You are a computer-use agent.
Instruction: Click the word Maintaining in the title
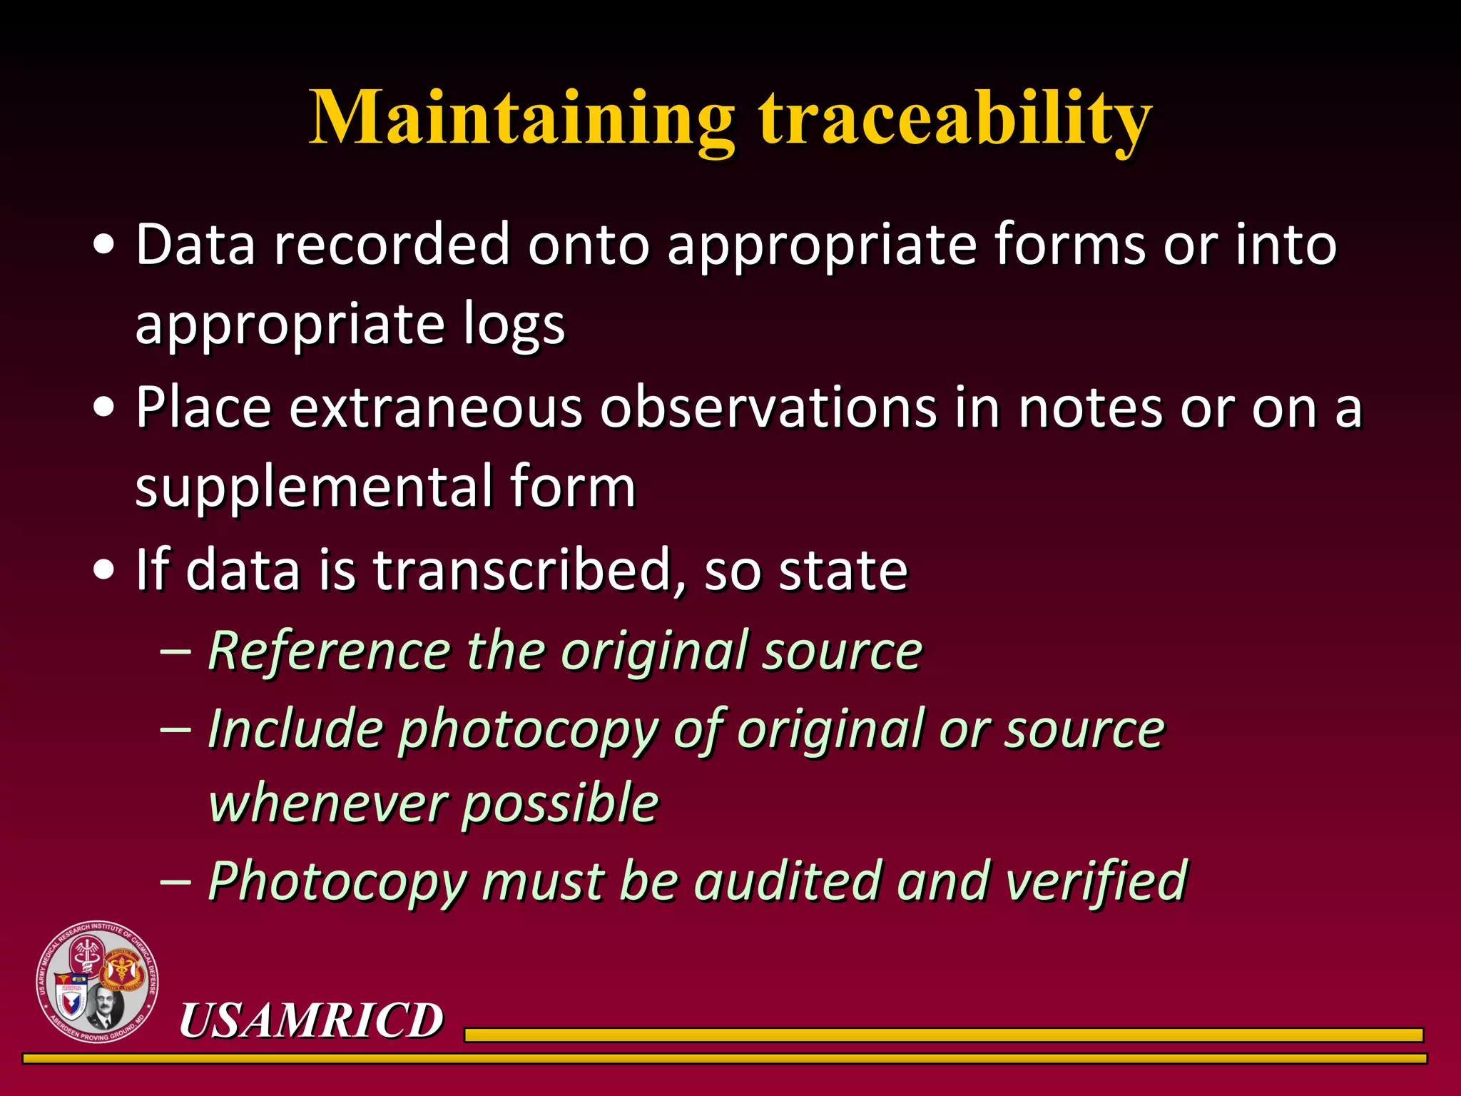521,118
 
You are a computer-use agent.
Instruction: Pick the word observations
768,408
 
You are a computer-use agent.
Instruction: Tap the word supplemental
313,487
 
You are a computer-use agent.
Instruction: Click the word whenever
326,803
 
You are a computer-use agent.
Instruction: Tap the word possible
561,805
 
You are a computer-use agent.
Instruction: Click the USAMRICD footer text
311,1020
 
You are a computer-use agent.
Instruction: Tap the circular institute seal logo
98,982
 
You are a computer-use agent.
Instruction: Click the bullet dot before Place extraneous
104,407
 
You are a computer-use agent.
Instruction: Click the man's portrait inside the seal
106,1006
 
